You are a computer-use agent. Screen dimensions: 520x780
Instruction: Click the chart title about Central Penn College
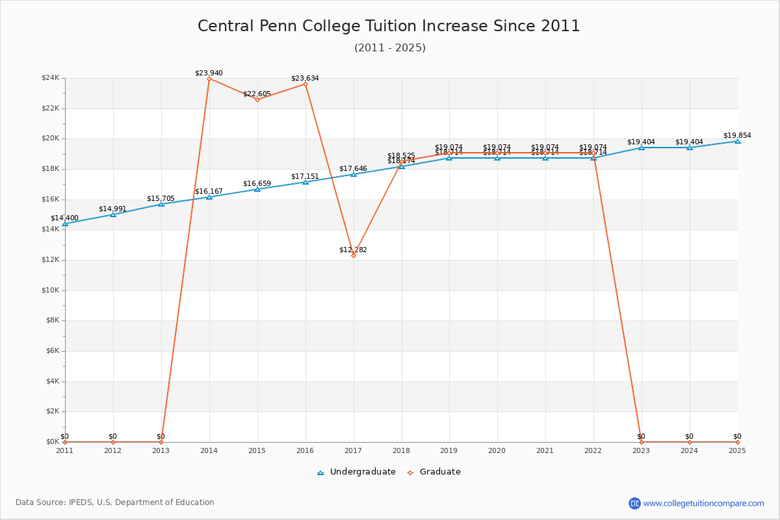click(389, 26)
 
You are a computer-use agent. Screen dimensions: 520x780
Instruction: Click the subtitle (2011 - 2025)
click(389, 47)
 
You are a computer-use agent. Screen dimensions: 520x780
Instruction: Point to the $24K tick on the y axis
click(50, 78)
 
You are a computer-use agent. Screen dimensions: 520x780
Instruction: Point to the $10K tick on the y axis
click(50, 291)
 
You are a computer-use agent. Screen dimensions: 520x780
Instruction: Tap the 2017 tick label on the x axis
click(353, 450)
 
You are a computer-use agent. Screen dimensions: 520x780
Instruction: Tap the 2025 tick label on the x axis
click(737, 450)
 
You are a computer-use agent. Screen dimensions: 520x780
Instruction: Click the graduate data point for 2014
click(209, 79)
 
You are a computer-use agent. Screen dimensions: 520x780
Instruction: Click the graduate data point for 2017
click(354, 255)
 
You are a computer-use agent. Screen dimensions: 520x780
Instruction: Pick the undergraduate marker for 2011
click(65, 224)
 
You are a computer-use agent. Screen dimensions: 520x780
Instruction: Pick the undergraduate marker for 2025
click(737, 141)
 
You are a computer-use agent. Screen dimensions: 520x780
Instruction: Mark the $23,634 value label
click(305, 78)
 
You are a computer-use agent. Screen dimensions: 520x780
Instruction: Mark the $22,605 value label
click(257, 94)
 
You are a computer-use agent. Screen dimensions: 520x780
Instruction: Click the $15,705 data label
click(161, 198)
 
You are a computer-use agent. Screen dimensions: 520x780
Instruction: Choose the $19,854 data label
click(737, 135)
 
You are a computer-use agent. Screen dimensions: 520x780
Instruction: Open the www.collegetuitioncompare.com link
click(703, 503)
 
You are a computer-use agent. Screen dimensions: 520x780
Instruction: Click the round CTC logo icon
click(634, 503)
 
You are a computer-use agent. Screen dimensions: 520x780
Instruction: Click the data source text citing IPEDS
click(115, 502)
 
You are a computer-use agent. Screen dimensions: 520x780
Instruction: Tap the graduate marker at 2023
click(641, 442)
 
